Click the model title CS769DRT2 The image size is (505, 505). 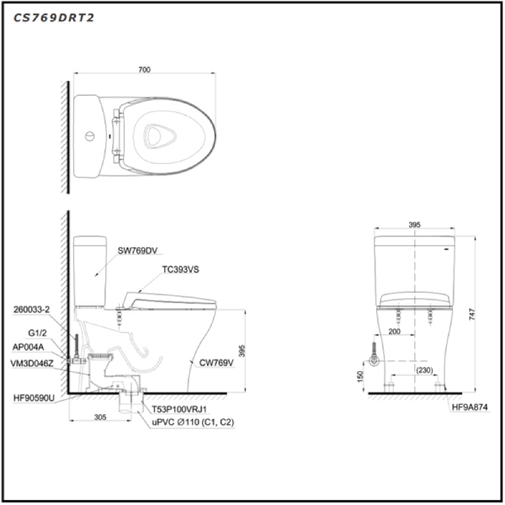54,18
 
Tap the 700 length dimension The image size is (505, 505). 144,70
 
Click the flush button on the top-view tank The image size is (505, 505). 90,136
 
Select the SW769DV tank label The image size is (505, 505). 137,251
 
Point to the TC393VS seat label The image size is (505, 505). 180,269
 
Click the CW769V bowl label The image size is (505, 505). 216,363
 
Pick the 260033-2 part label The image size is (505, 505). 32,310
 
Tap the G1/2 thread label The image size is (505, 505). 37,332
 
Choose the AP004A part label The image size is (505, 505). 28,347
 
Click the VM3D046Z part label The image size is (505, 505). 32,364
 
